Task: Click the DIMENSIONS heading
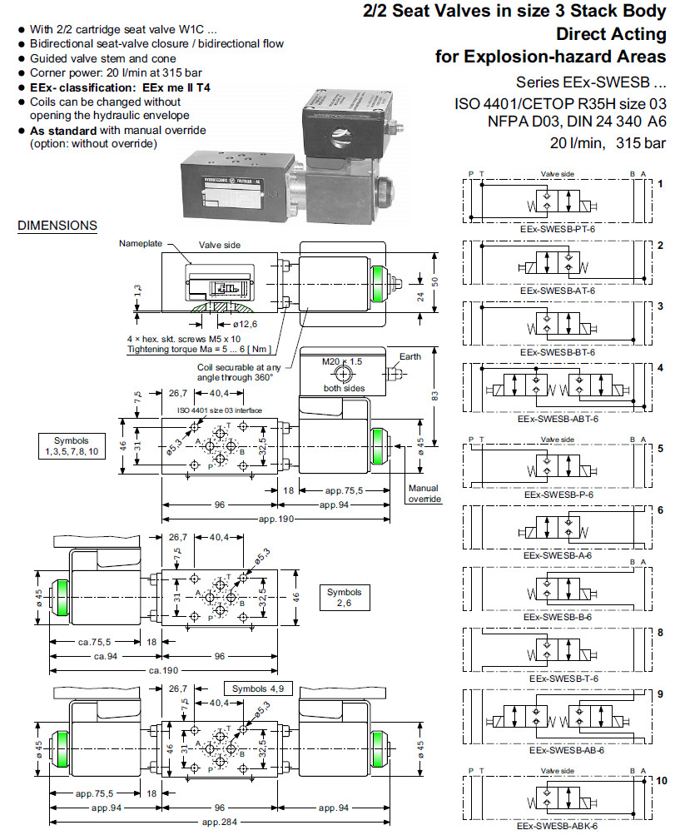click(x=57, y=226)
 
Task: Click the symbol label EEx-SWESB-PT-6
click(x=557, y=227)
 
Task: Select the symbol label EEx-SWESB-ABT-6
click(x=558, y=419)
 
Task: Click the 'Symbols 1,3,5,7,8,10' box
click(x=71, y=445)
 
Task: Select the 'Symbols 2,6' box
click(x=345, y=597)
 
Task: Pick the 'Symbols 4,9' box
click(x=256, y=688)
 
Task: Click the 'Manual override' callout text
click(x=424, y=494)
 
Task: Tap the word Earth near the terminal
click(x=410, y=356)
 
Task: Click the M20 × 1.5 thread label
click(x=342, y=362)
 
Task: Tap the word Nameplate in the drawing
click(x=138, y=244)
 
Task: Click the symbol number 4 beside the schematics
click(x=659, y=367)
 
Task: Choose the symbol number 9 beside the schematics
click(x=659, y=693)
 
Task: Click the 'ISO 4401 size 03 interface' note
click(x=219, y=410)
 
